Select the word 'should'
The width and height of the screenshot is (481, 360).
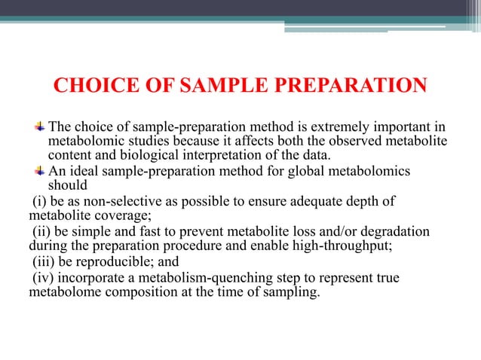coord(67,186)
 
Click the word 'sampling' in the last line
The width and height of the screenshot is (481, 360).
coord(290,293)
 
